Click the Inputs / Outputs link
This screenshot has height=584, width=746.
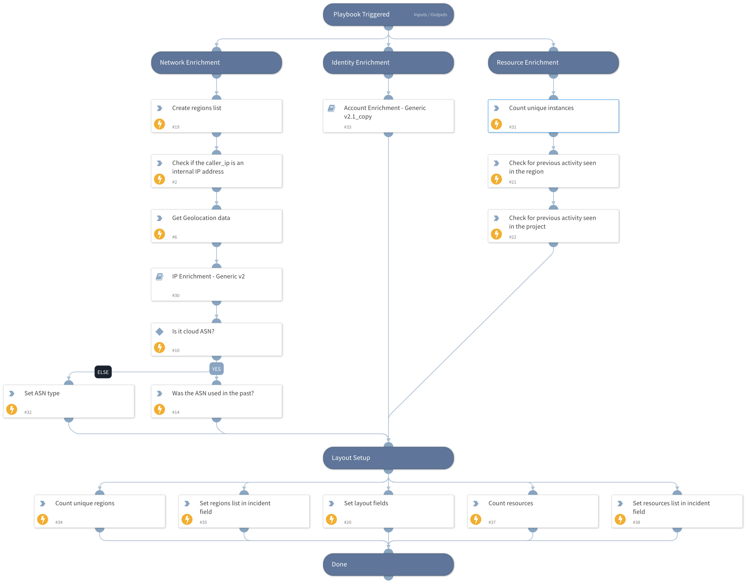[430, 15]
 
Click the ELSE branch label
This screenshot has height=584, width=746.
[103, 372]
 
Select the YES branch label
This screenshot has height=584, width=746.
[216, 369]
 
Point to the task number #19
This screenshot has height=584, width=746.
[176, 127]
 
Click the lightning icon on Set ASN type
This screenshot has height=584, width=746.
[12, 409]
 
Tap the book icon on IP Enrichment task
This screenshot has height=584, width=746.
[160, 277]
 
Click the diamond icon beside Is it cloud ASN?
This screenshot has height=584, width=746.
[160, 332]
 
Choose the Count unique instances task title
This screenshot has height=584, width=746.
[541, 108]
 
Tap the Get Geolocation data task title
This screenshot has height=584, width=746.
[201, 218]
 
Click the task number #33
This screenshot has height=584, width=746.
[348, 127]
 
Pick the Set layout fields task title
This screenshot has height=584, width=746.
[366, 503]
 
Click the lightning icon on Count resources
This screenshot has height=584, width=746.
[476, 519]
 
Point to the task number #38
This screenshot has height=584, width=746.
[636, 522]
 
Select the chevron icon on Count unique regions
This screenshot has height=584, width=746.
[43, 504]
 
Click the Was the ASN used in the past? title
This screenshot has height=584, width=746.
[213, 393]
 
